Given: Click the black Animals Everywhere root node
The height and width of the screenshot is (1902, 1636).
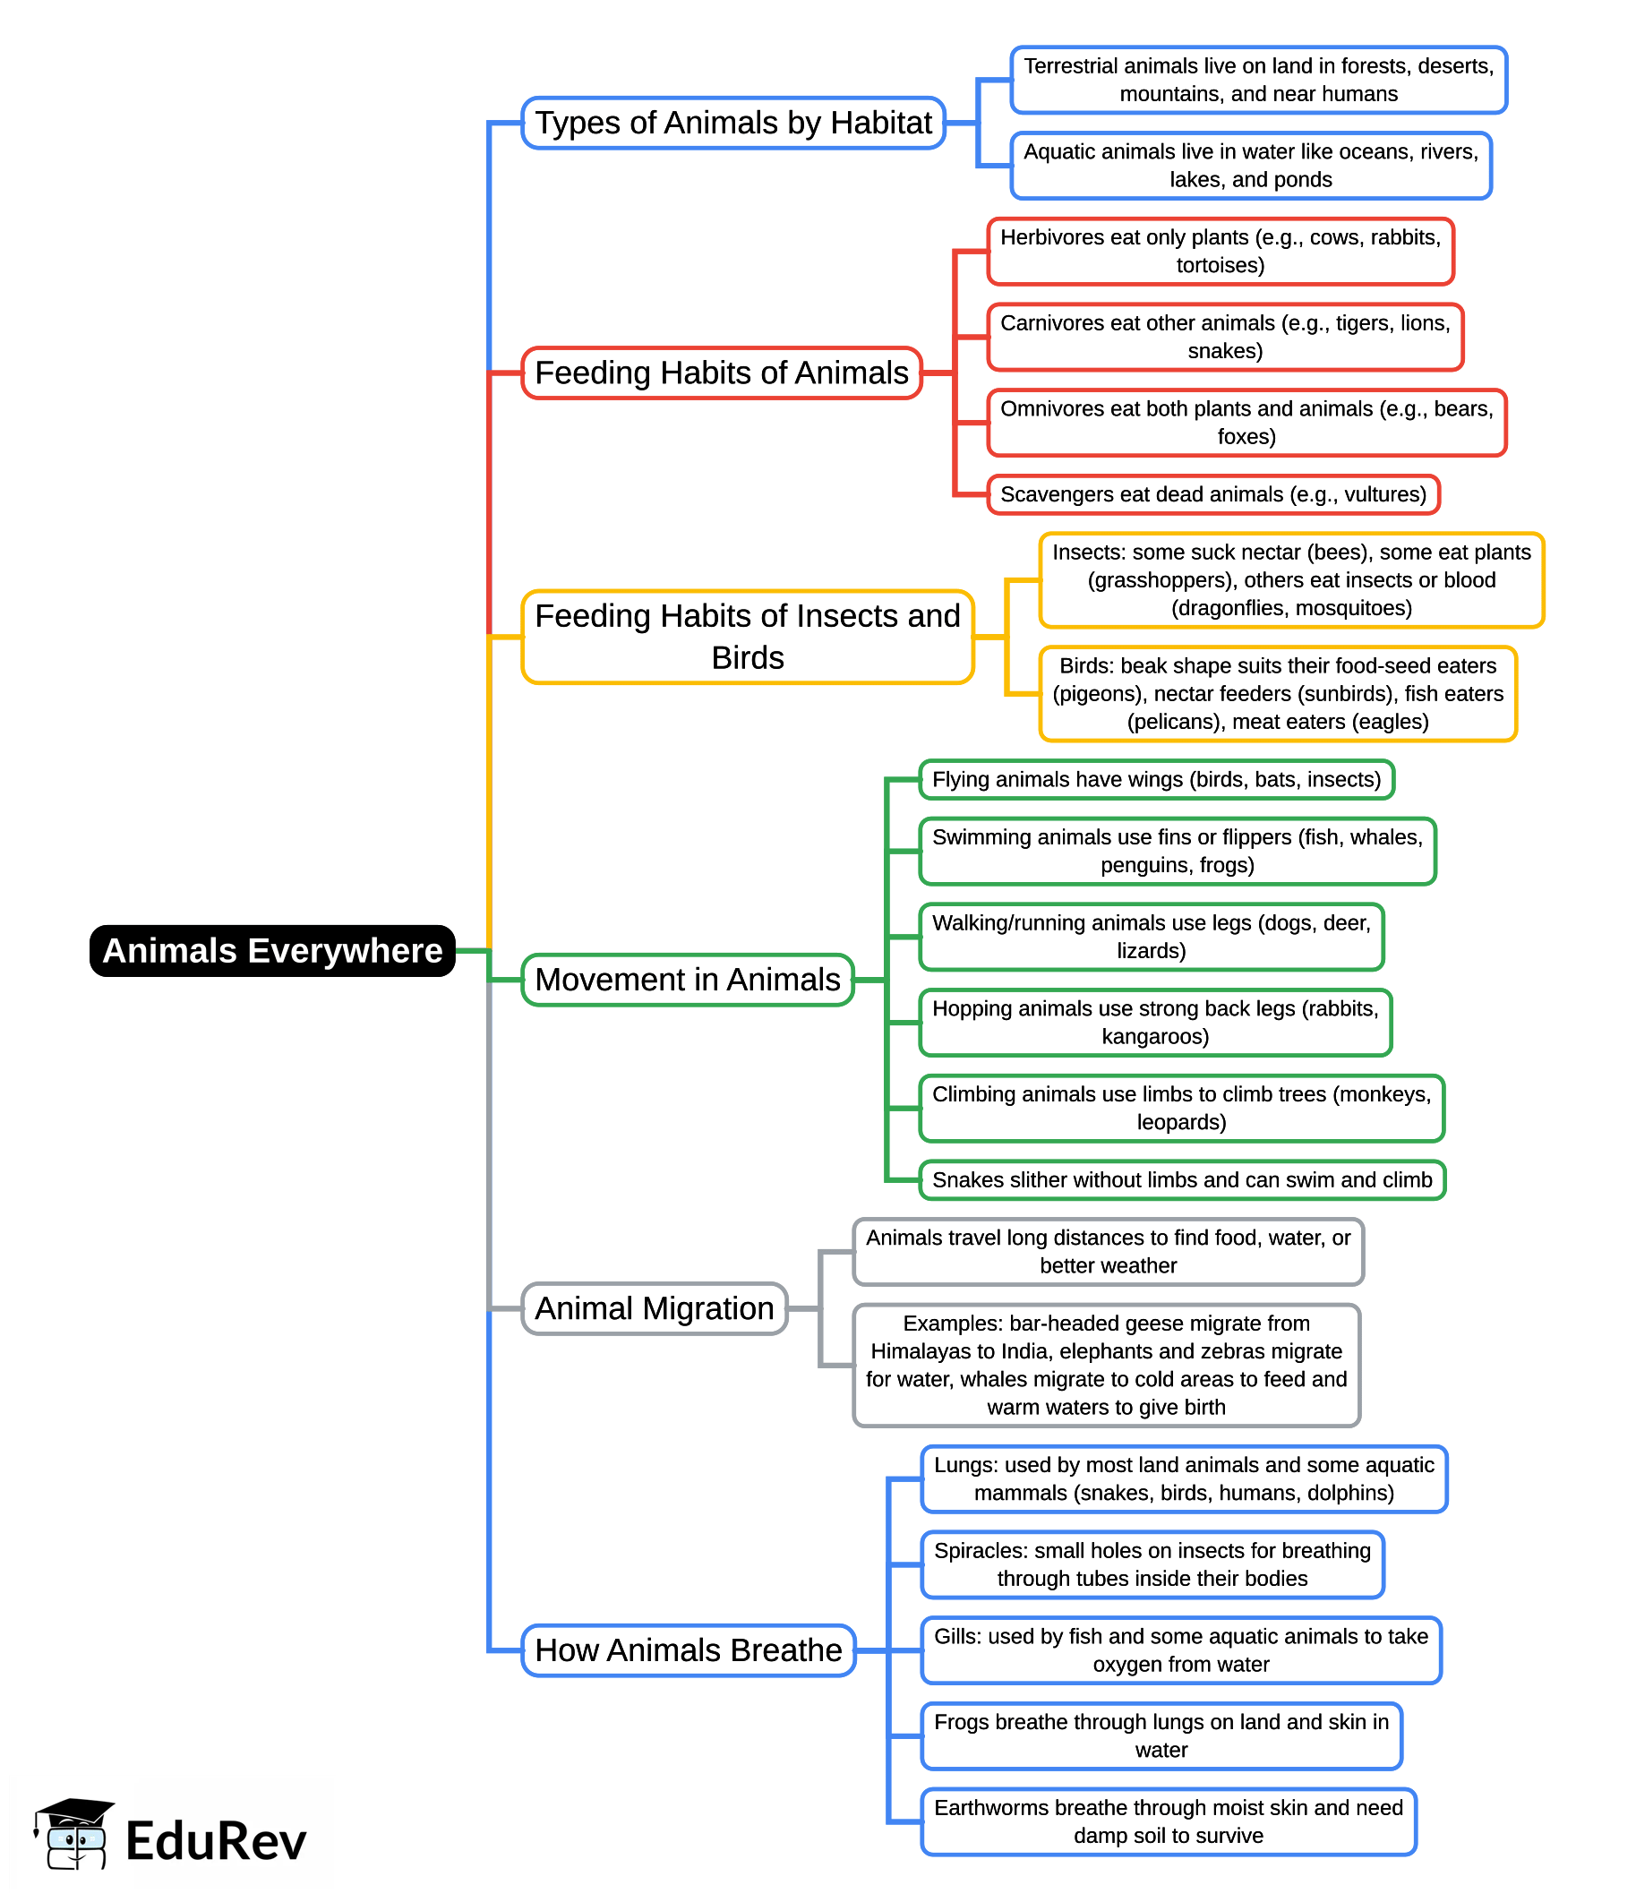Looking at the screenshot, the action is pyautogui.click(x=272, y=951).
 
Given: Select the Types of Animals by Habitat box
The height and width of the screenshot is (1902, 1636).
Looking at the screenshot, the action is pyautogui.click(x=733, y=123).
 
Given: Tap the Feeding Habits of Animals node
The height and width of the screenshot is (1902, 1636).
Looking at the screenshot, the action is pyautogui.click(x=722, y=373).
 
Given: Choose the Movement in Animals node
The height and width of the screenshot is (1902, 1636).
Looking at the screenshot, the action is pyautogui.click(x=688, y=980).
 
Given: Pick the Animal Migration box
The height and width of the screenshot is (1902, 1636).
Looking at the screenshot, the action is pyautogui.click(x=655, y=1308).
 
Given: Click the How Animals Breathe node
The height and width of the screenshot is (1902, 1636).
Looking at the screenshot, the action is pyautogui.click(x=689, y=1650).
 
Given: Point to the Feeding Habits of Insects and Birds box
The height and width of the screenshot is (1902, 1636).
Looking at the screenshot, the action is pyautogui.click(x=748, y=637).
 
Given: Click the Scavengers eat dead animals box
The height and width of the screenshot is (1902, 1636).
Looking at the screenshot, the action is pyautogui.click(x=1213, y=495).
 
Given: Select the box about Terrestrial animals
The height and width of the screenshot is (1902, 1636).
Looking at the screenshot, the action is pyautogui.click(x=1259, y=80).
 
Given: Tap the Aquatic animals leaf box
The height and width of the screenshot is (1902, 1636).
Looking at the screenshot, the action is pyautogui.click(x=1251, y=166).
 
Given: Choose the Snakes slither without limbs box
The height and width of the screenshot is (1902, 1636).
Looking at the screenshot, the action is pyautogui.click(x=1183, y=1179).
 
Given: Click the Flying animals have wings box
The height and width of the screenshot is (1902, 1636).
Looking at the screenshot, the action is pyautogui.click(x=1157, y=779).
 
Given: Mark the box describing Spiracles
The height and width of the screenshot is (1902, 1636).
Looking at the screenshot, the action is pyautogui.click(x=1152, y=1564).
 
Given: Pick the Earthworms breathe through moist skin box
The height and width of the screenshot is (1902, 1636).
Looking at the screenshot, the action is pyautogui.click(x=1169, y=1821).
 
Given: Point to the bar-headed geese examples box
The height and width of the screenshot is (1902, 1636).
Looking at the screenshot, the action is pyautogui.click(x=1106, y=1365).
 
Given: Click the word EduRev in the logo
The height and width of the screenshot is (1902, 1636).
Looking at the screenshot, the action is pyautogui.click(x=216, y=1841).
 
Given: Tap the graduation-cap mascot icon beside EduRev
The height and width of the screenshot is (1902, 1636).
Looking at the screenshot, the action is pyautogui.click(x=74, y=1833).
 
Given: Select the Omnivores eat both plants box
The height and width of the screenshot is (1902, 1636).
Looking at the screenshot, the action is pyautogui.click(x=1246, y=423).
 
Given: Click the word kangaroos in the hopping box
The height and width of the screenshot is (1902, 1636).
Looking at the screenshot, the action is pyautogui.click(x=1155, y=1036).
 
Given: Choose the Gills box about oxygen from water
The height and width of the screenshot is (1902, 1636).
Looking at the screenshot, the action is pyautogui.click(x=1182, y=1650).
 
